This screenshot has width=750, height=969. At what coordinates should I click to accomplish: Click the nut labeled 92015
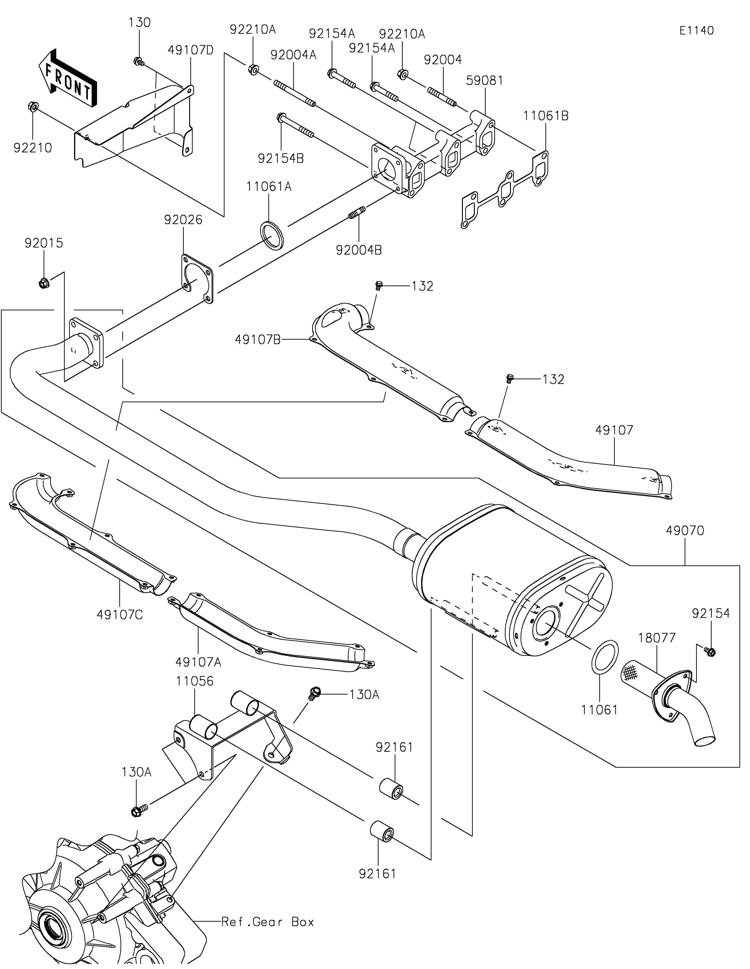click(x=43, y=282)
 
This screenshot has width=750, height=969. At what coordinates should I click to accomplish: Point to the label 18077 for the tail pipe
click(x=657, y=638)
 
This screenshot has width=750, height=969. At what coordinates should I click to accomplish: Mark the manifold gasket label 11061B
click(x=546, y=116)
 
